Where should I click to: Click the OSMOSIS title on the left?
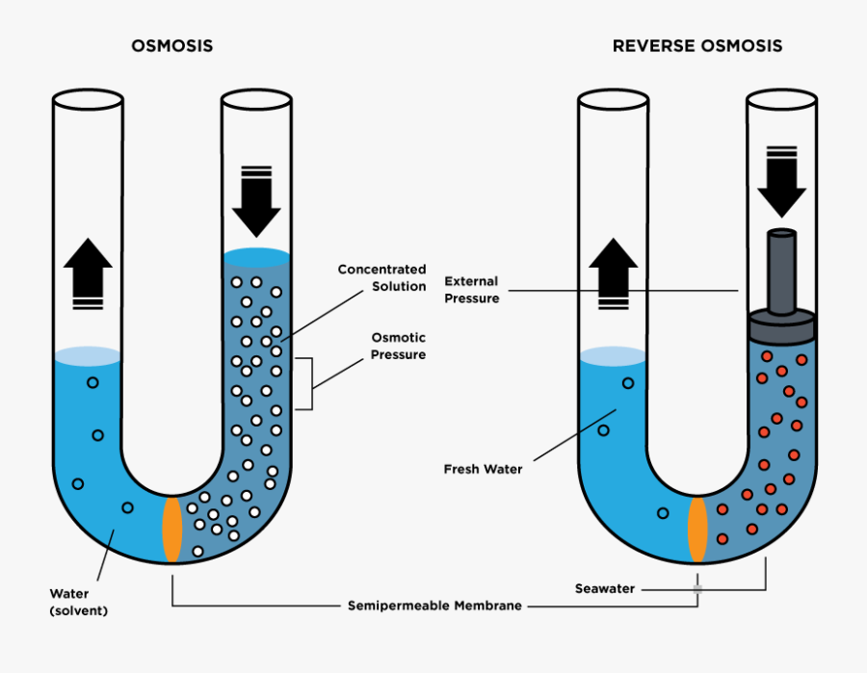point(172,46)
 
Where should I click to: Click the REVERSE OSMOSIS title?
point(697,46)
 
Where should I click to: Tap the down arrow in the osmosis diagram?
point(256,202)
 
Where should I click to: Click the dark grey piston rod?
point(781,270)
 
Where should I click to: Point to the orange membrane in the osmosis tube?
point(172,530)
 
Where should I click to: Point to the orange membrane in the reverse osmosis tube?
point(697,530)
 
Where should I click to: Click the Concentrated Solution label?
point(381,277)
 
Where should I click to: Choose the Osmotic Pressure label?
point(399,347)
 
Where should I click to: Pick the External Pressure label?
point(472,290)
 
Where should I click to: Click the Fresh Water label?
point(483,470)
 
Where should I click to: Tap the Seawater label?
point(604,588)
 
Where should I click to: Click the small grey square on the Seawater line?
point(698,588)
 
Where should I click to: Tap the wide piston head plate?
point(781,326)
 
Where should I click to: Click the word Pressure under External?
point(472,298)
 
